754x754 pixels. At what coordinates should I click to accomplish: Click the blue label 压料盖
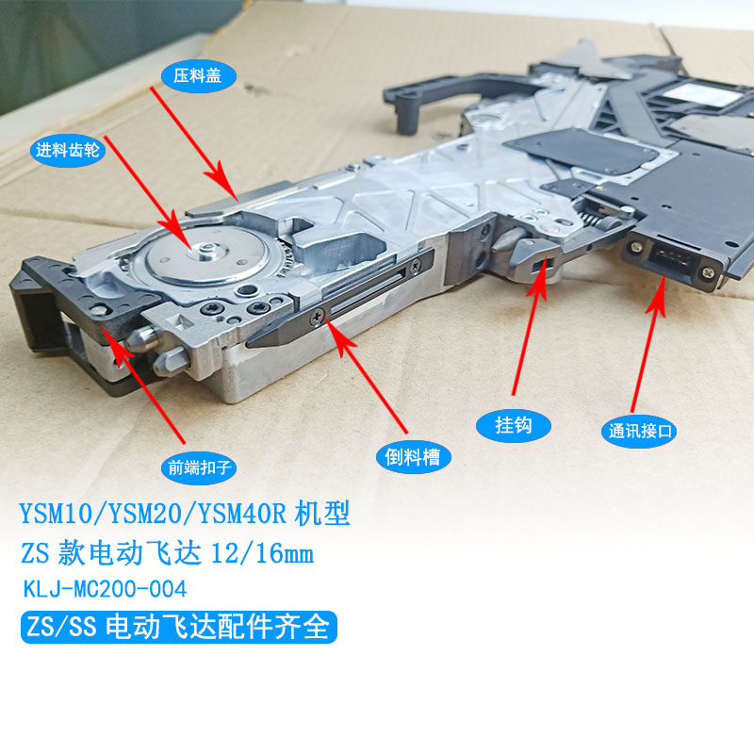point(198,76)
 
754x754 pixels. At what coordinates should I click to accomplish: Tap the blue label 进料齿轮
point(67,151)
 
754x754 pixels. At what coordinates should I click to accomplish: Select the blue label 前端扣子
point(199,467)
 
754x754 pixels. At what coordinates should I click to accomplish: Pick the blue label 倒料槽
point(413,457)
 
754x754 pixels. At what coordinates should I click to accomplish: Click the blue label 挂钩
point(513,426)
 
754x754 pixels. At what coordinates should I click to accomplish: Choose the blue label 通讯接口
point(639,431)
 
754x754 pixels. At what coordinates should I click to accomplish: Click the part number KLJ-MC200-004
point(105,590)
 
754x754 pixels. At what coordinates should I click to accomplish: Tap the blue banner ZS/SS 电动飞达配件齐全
point(179,627)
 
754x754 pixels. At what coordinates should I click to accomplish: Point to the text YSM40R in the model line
point(242,514)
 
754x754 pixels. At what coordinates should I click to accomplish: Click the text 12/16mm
point(262,553)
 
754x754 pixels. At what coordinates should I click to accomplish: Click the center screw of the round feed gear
point(206,250)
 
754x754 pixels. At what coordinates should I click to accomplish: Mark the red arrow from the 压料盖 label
point(194,143)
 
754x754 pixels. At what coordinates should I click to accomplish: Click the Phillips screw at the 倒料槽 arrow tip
point(318,317)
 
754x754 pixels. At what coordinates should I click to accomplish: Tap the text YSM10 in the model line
point(56,514)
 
